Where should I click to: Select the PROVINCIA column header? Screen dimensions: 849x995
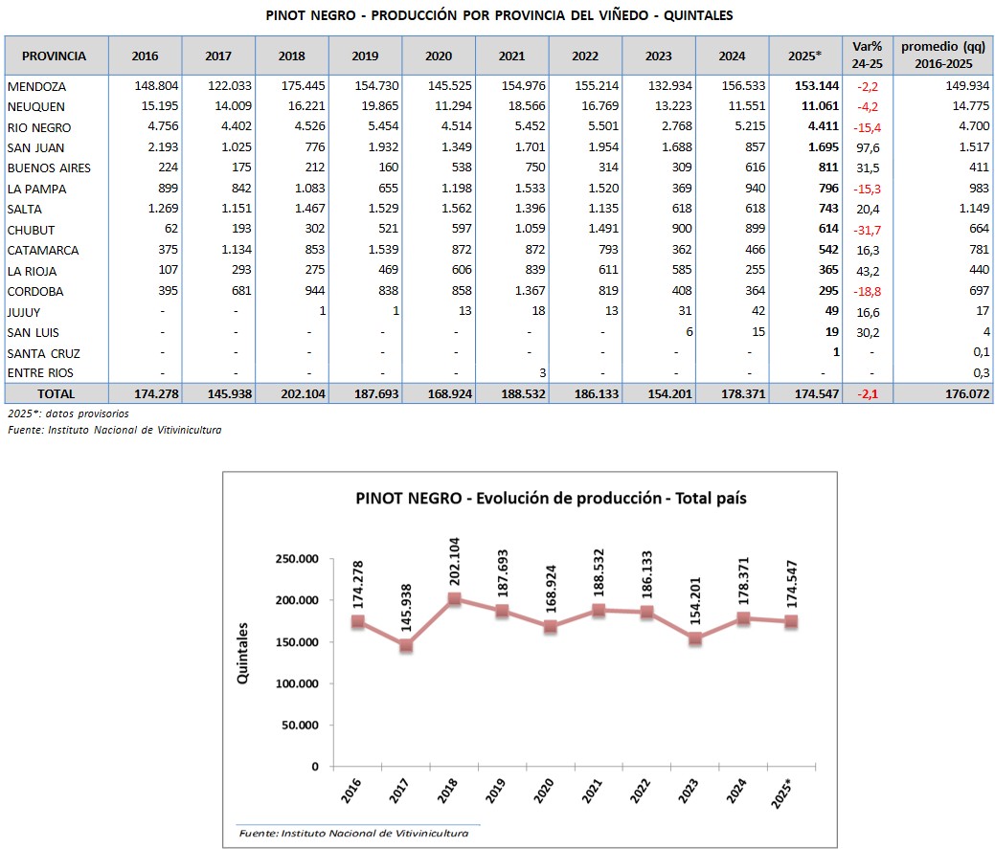[54, 56]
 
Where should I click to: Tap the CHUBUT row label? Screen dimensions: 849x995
[31, 230]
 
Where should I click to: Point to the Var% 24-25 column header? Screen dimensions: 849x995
[867, 55]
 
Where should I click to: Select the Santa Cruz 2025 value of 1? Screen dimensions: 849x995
[835, 352]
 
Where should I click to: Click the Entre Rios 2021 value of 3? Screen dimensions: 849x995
[542, 372]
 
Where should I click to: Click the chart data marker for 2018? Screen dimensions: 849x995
[455, 599]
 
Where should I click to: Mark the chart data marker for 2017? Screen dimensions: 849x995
[407, 646]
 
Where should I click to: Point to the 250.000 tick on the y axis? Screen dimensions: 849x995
[293, 559]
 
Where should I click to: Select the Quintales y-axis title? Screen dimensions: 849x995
[243, 653]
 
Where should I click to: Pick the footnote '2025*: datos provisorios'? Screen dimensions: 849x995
[68, 413]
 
